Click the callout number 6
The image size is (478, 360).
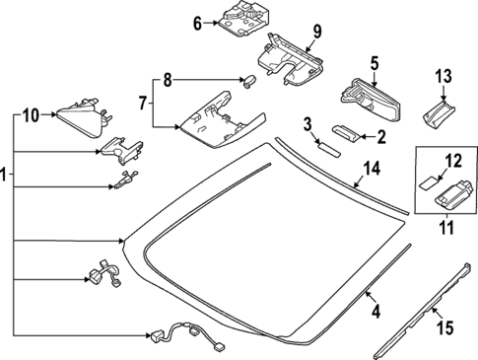196,22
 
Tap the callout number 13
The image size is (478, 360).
443,75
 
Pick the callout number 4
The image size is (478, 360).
374,315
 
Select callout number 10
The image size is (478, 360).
30,115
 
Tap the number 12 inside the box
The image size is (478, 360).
453,159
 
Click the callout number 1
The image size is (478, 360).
6,179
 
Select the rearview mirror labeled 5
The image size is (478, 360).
366,94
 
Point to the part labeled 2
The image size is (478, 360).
348,131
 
